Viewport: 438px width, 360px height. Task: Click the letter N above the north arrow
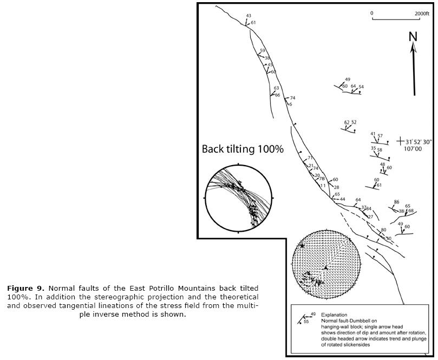coord(413,37)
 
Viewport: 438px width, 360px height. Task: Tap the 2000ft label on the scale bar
coord(422,13)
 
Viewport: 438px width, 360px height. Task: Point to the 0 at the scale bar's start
coord(372,13)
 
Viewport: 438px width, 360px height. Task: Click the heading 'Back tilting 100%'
coord(243,149)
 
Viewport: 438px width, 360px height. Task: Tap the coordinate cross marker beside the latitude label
coord(400,141)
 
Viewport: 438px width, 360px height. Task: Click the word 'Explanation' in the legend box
coord(335,315)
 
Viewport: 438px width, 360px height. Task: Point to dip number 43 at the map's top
coord(249,16)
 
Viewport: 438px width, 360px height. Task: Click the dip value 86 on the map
coord(396,202)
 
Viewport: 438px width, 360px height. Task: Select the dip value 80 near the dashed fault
coord(383,230)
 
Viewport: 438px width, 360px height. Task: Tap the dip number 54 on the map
coord(361,87)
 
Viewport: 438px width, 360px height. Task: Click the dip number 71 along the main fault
coord(310,158)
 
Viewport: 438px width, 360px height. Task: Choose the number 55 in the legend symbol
coord(306,322)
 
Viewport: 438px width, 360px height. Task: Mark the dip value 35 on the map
coord(373,148)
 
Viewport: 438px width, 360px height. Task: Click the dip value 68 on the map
coord(411,211)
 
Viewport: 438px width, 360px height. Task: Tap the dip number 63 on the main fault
coord(276,88)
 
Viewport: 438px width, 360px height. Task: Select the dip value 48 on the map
coord(382,164)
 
